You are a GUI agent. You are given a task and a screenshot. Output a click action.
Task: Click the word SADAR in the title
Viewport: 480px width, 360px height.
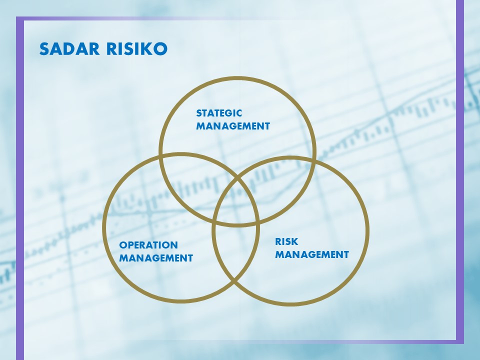point(69,49)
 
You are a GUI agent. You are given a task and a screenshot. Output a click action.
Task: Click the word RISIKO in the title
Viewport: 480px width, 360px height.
point(137,49)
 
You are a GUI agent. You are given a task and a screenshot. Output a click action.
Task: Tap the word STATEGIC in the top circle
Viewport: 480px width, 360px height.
point(219,113)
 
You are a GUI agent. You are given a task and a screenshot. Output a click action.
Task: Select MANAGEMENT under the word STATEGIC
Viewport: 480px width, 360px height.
point(233,126)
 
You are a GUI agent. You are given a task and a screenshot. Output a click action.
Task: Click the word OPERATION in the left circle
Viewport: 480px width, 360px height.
point(148,245)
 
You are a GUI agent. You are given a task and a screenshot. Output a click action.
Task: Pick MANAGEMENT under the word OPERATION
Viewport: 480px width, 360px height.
point(156,258)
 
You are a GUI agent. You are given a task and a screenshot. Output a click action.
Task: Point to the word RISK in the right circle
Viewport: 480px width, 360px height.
point(286,242)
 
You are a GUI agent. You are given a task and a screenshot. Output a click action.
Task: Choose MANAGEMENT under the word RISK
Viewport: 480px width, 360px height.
point(312,254)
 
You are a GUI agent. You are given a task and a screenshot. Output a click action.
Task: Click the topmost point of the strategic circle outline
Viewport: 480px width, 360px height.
point(237,78)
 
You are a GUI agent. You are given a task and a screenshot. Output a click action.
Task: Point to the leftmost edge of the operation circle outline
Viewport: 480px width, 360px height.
point(104,228)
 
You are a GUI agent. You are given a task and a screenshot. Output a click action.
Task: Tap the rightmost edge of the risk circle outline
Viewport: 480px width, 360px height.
point(367,231)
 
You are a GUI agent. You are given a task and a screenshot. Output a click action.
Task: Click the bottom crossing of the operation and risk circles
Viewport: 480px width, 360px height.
point(234,280)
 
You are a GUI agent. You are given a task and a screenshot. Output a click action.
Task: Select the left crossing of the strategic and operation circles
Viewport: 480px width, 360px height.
point(161,156)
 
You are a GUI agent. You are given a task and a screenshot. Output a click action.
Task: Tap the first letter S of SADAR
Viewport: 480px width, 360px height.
point(44,49)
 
